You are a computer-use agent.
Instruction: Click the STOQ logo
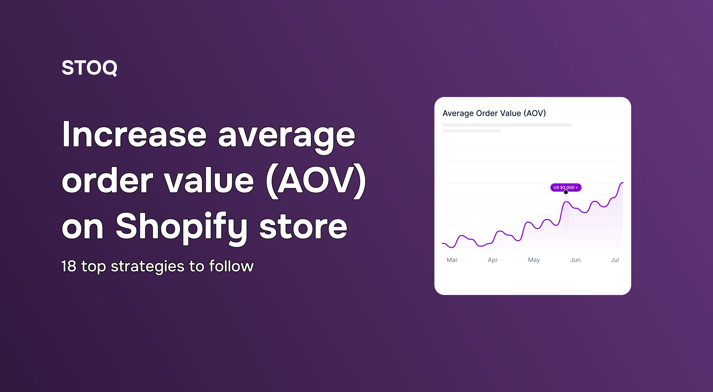point(89,68)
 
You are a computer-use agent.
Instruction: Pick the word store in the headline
point(303,227)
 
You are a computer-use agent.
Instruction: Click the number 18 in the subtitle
point(69,266)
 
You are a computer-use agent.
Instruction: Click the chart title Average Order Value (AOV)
point(494,113)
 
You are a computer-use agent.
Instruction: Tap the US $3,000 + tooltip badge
point(566,187)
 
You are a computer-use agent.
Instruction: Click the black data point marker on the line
point(566,192)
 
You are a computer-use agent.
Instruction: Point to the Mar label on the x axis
point(452,260)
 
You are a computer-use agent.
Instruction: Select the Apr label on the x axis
point(493,260)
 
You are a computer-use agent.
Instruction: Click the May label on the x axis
point(534,260)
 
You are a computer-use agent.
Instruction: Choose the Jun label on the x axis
point(575,260)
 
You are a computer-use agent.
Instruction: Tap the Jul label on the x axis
point(615,260)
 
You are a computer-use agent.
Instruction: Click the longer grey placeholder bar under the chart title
point(507,125)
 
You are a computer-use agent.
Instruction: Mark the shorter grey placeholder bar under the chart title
point(472,131)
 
